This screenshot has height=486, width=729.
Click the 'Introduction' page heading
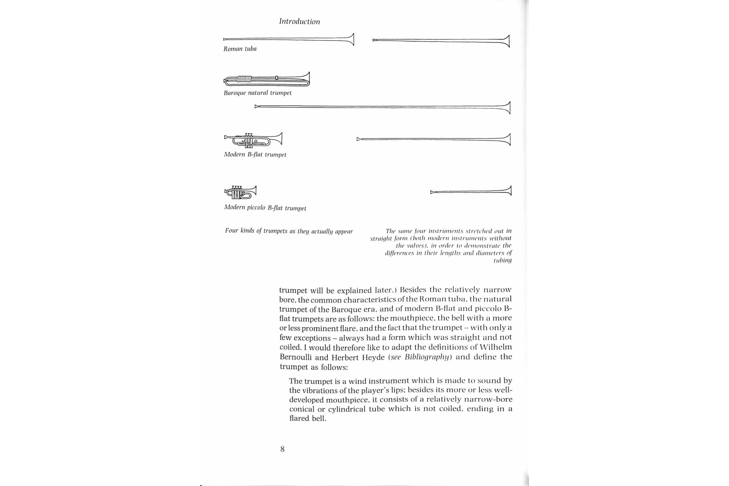pyautogui.click(x=299, y=21)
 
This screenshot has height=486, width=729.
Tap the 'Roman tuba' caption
pyautogui.click(x=240, y=49)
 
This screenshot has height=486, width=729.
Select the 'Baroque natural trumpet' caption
pyautogui.click(x=258, y=93)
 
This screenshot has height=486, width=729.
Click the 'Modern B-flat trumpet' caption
pyautogui.click(x=255, y=155)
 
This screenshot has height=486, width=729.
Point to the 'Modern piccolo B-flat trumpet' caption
pyautogui.click(x=265, y=208)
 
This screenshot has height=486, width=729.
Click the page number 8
pyautogui.click(x=282, y=449)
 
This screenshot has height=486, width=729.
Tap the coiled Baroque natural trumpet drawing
pyautogui.click(x=266, y=80)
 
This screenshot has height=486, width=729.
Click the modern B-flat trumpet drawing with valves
pyautogui.click(x=253, y=140)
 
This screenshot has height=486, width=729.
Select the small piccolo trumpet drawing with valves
pyautogui.click(x=241, y=192)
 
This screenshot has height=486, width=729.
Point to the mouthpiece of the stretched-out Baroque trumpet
pyautogui.click(x=257, y=107)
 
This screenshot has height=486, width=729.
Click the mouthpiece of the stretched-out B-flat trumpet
pyautogui.click(x=358, y=139)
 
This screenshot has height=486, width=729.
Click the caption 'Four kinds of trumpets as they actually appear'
pyautogui.click(x=289, y=231)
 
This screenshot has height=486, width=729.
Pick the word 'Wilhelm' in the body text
pyautogui.click(x=496, y=347)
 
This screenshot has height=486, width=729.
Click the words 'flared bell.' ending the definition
pyautogui.click(x=308, y=418)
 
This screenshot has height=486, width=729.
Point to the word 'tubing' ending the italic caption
pyautogui.click(x=502, y=260)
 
